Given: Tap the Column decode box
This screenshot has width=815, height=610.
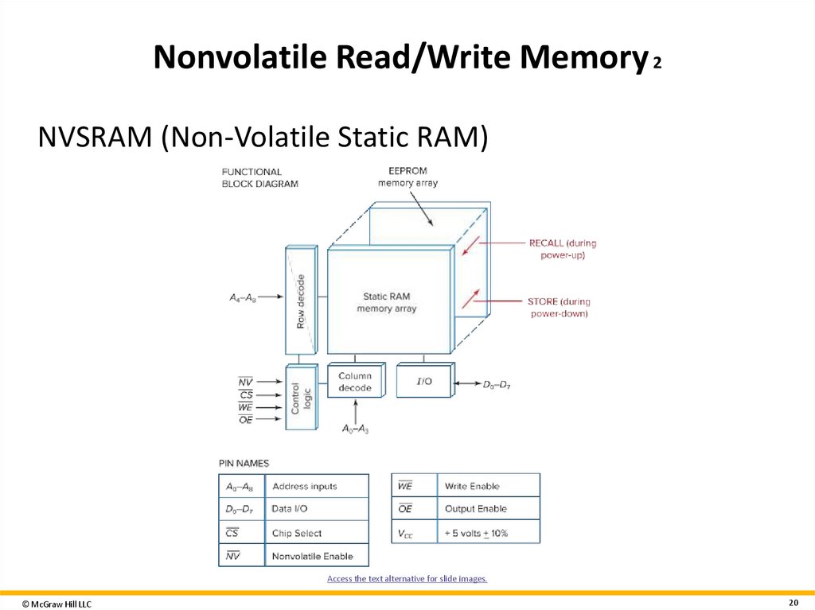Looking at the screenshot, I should click(x=354, y=381).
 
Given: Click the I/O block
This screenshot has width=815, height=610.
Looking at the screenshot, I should click(x=424, y=381).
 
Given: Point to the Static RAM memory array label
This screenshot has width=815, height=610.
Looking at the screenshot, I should click(x=387, y=302).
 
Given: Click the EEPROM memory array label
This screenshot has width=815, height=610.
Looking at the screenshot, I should click(x=407, y=177).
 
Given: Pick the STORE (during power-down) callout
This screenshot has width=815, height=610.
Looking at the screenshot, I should click(x=559, y=307).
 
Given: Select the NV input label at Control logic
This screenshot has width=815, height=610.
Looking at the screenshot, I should click(x=245, y=382).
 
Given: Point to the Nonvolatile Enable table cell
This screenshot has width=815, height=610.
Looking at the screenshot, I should click(x=312, y=556).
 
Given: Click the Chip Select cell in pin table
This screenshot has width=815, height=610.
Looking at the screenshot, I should click(x=297, y=533).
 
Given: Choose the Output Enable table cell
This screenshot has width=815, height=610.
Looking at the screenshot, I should click(x=475, y=509).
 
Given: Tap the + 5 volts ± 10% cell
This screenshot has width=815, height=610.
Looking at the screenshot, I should click(x=476, y=533).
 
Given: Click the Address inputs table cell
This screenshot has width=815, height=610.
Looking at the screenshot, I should click(x=304, y=486).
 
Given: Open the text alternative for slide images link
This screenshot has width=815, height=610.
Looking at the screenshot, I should click(x=407, y=579).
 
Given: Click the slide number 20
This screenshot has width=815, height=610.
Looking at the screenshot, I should click(x=793, y=602).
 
